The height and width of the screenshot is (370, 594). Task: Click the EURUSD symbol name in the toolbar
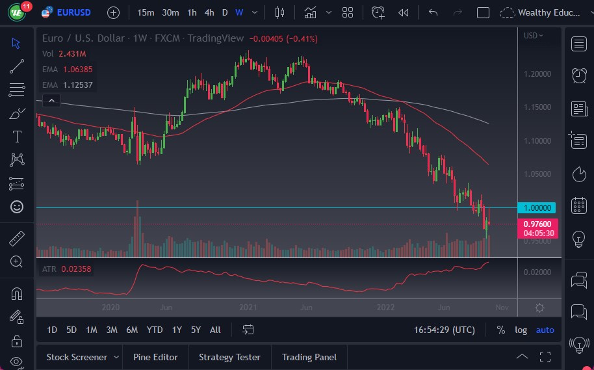(x=73, y=12)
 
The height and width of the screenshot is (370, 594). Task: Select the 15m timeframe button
(x=146, y=12)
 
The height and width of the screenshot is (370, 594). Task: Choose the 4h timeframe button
(x=209, y=12)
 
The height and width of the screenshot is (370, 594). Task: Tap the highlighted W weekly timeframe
(x=239, y=12)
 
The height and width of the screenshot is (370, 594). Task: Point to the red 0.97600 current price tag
(x=538, y=224)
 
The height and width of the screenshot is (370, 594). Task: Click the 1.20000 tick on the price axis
(x=537, y=73)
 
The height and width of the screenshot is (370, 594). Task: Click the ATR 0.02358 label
(x=67, y=269)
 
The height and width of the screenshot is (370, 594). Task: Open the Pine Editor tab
(x=156, y=357)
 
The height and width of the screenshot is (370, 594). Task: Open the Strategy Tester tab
(x=229, y=357)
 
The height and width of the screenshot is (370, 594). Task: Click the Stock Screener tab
(x=77, y=357)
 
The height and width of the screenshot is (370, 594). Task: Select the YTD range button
(x=155, y=330)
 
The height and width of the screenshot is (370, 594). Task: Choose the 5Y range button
(x=196, y=330)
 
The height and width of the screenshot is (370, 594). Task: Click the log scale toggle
(x=521, y=330)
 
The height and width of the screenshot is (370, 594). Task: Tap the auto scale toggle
(x=545, y=330)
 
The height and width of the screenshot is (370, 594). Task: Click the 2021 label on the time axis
(x=248, y=307)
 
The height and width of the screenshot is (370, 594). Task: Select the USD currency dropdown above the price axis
(x=534, y=36)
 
